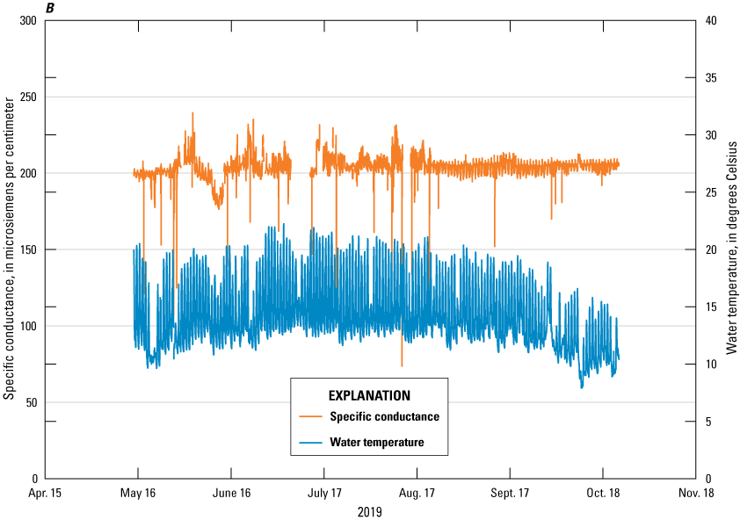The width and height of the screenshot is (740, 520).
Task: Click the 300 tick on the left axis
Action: (29, 20)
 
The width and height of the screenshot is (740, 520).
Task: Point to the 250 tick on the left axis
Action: (29, 97)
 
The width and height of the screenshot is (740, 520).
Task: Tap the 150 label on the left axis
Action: (29, 249)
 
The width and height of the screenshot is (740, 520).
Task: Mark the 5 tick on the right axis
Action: (709, 422)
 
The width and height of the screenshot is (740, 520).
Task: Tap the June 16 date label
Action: (232, 494)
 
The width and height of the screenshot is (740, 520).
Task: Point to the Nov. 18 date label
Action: (696, 494)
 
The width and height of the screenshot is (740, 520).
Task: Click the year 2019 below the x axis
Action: (369, 511)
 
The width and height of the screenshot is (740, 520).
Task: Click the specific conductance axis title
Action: (9, 249)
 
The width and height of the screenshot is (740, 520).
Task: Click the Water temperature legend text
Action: (377, 442)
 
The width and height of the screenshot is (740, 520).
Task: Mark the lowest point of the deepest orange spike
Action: (402, 366)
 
